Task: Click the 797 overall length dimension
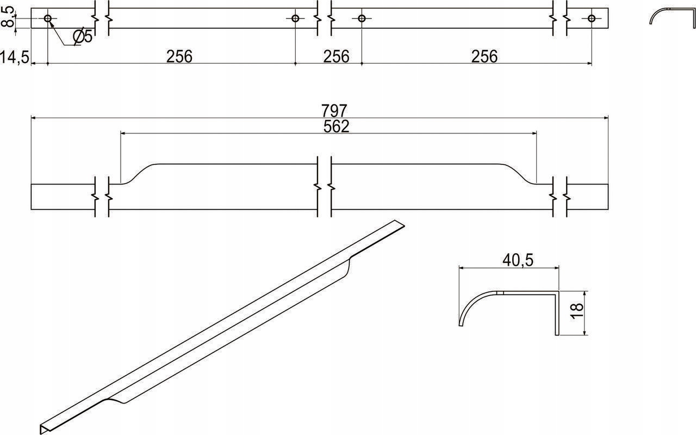tap(334, 111)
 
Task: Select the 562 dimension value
tap(336, 126)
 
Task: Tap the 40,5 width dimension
tap(518, 260)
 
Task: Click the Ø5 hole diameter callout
tap(83, 36)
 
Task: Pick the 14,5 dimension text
tap(15, 58)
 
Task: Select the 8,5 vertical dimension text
tap(8, 17)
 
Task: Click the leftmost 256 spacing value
tap(179, 57)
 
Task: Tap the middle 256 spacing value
tap(336, 57)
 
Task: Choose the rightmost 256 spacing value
tap(484, 57)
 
